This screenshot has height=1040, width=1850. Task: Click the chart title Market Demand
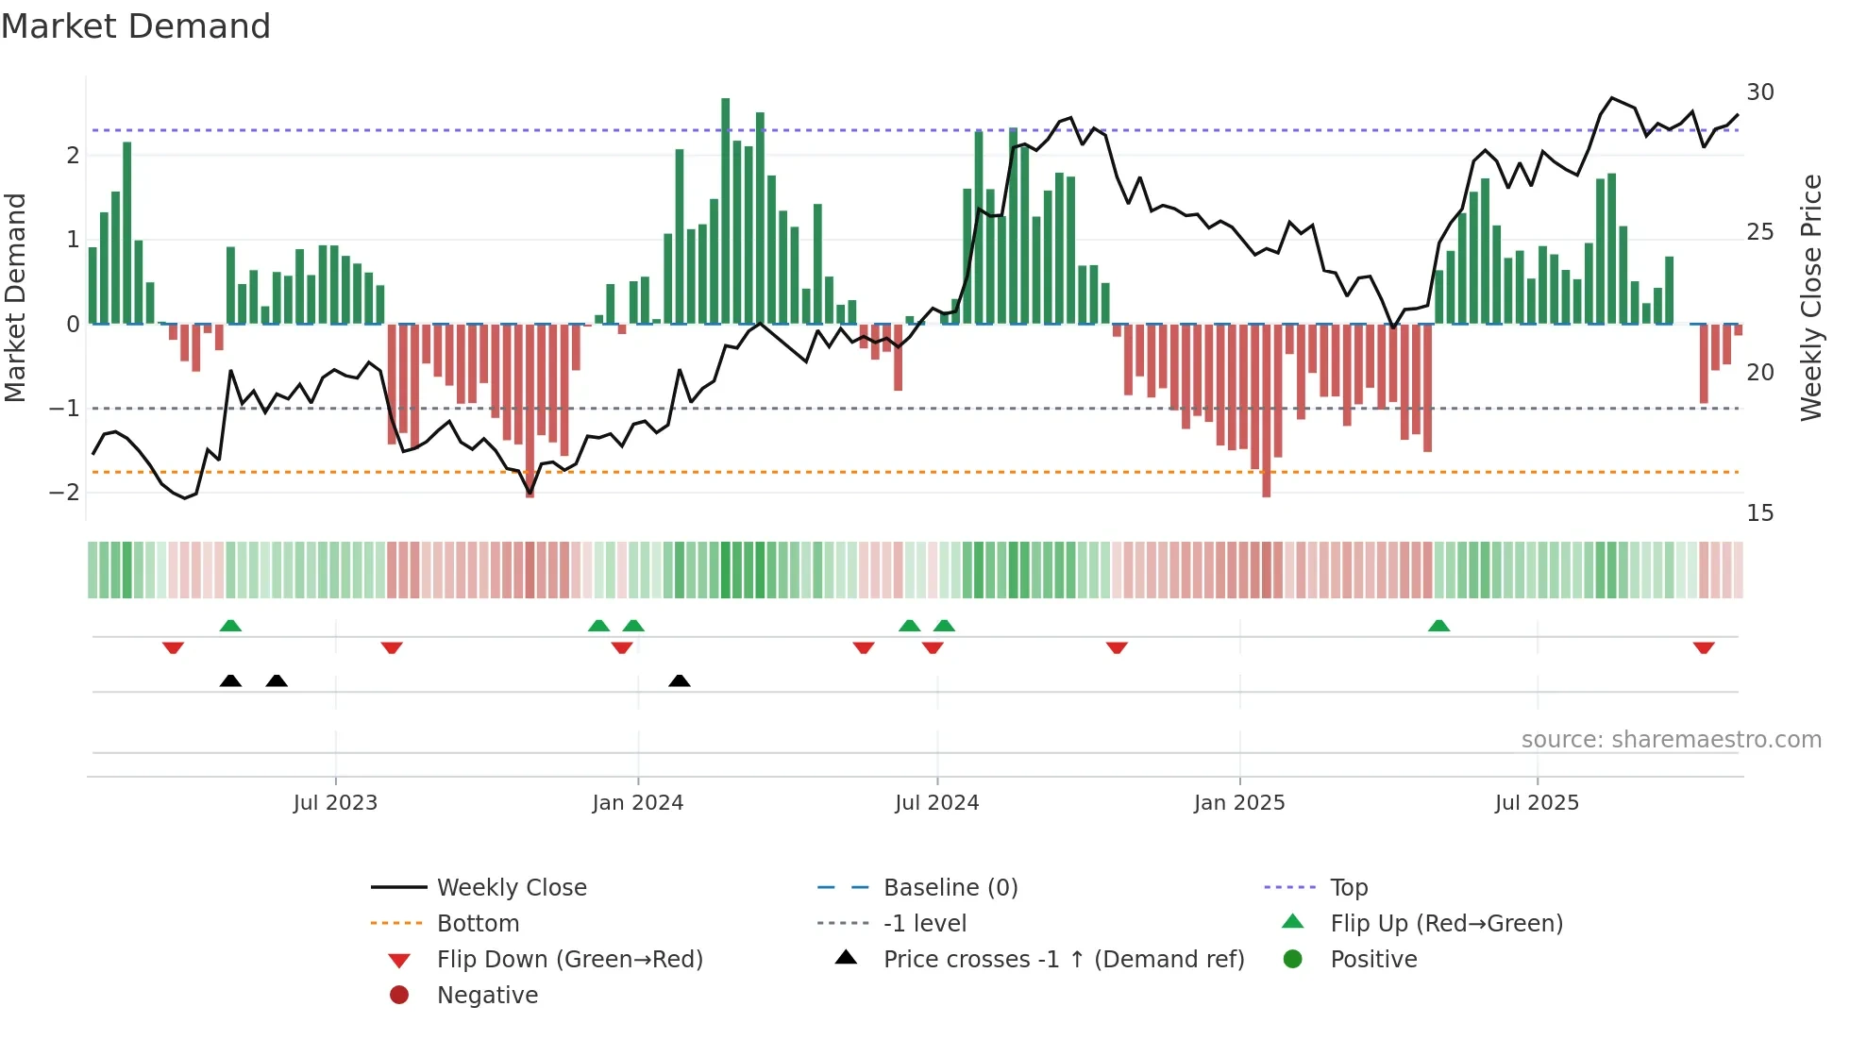pyautogui.click(x=136, y=26)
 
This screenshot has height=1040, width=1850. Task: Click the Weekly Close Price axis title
pyautogui.click(x=1810, y=297)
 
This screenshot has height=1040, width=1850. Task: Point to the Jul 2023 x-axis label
pyautogui.click(x=335, y=803)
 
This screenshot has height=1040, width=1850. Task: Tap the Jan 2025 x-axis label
pyautogui.click(x=1238, y=803)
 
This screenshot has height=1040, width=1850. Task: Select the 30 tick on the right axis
pyautogui.click(x=1759, y=92)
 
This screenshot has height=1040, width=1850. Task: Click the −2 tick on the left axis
pyautogui.click(x=65, y=493)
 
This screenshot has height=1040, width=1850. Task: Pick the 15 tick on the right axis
pyautogui.click(x=1759, y=513)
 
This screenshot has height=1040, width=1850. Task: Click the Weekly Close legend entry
pyautogui.click(x=511, y=888)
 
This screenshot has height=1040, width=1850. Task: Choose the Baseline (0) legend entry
pyautogui.click(x=950, y=888)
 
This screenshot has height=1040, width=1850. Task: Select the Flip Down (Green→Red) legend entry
pyautogui.click(x=569, y=960)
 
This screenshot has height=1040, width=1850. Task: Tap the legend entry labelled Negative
pyautogui.click(x=487, y=996)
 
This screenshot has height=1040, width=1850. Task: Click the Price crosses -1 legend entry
pyautogui.click(x=1063, y=960)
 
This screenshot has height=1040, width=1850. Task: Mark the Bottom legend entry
pyautogui.click(x=478, y=924)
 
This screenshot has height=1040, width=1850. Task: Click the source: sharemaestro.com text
pyautogui.click(x=1671, y=740)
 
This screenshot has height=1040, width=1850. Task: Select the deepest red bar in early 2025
pyautogui.click(x=1266, y=411)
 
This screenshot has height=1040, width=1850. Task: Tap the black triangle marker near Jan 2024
pyautogui.click(x=679, y=680)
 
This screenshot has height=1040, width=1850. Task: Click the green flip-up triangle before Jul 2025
pyautogui.click(x=1438, y=626)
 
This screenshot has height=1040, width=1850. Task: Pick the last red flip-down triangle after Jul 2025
pyautogui.click(x=1703, y=647)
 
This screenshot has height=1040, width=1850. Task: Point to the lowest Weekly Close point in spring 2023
pyautogui.click(x=185, y=497)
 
